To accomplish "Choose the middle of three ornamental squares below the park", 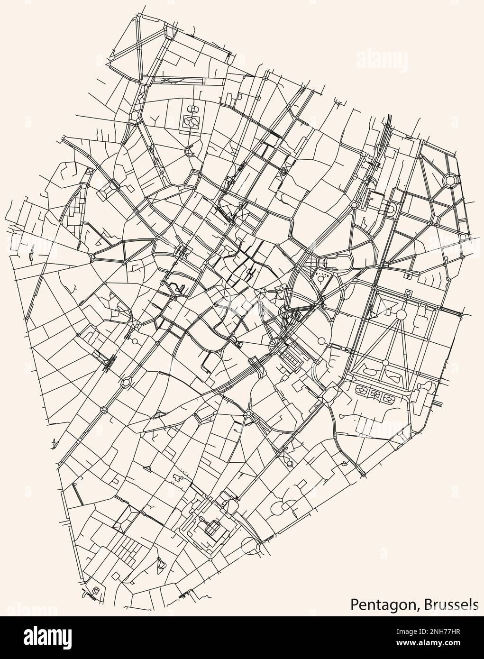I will [x=376, y=394].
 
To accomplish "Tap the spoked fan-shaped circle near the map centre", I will [x=275, y=343].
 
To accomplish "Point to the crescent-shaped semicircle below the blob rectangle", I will [x=189, y=152].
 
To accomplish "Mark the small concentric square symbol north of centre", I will [x=284, y=171].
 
